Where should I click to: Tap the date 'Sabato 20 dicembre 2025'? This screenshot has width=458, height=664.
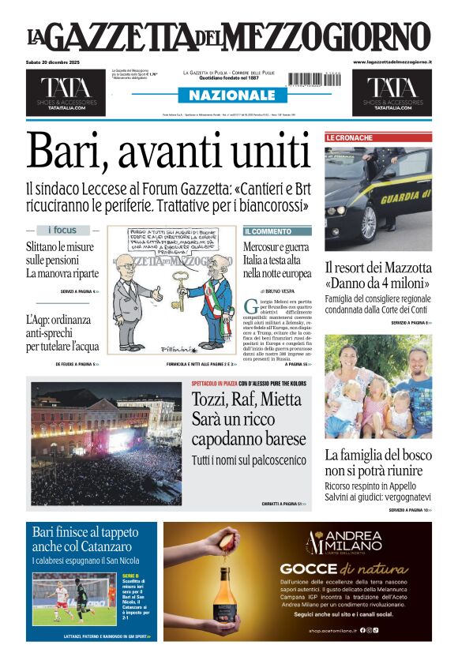52,62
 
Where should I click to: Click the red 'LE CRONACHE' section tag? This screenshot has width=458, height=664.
349,137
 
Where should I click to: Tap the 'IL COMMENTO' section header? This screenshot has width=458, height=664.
268,231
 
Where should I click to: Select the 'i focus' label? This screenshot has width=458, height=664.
62,231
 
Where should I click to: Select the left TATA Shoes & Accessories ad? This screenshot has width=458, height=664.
66,92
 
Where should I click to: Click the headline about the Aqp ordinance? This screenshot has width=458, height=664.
63,332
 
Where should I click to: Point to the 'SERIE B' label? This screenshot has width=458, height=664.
130,576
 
